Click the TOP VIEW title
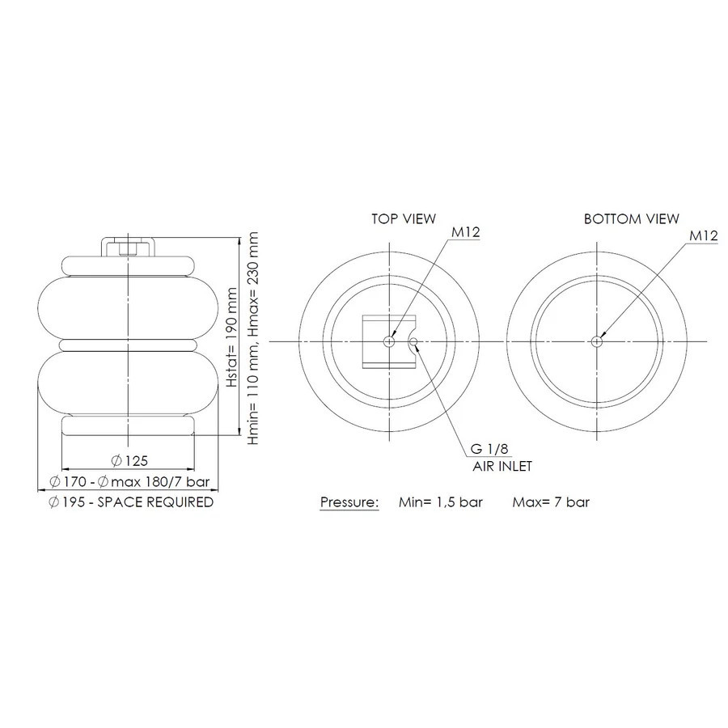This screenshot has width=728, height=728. tap(404, 218)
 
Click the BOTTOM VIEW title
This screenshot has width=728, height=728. tap(632, 218)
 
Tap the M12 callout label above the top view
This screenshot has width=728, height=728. tap(466, 231)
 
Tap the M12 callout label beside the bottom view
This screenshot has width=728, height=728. tap(704, 235)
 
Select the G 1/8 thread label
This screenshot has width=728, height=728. tap(489, 449)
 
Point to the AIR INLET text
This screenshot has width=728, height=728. tap(502, 466)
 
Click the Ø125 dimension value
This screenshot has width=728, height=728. tap(129, 460)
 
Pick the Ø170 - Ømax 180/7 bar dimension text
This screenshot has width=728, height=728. tap(129, 481)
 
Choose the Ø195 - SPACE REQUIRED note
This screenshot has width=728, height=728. tap(131, 502)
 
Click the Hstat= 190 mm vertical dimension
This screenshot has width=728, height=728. tap(232, 337)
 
